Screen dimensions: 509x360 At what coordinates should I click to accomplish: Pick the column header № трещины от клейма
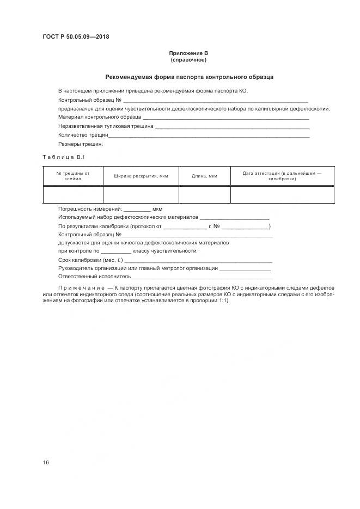(72, 175)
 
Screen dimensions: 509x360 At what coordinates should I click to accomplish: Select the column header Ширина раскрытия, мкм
(141, 176)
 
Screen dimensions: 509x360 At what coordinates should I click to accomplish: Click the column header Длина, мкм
(205, 176)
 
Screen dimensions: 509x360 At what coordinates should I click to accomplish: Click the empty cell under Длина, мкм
(205, 194)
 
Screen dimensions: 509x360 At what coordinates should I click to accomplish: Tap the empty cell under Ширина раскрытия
(141, 194)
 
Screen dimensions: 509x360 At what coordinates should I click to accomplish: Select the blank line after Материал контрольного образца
(225, 118)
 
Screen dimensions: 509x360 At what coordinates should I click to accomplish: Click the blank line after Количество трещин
(210, 136)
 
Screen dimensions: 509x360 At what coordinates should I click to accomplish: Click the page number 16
(46, 463)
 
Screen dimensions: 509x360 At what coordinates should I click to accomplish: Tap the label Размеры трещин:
(81, 144)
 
